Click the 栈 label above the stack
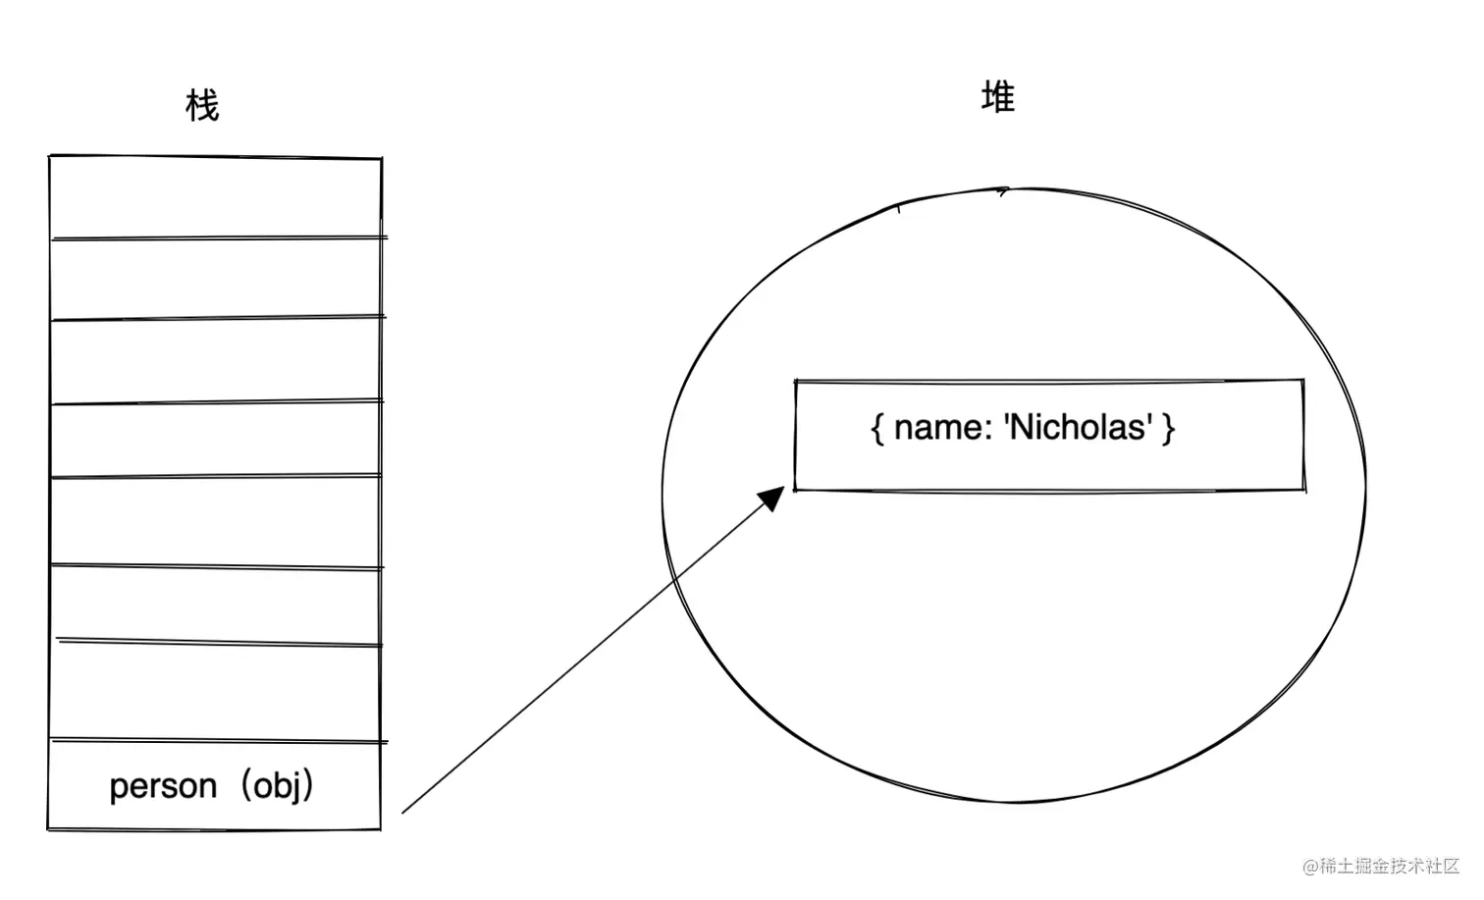coord(202,105)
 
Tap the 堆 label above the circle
coord(997,97)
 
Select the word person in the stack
coord(163,786)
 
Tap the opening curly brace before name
coord(876,428)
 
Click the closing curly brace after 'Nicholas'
coord(1168,428)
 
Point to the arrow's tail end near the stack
coord(404,812)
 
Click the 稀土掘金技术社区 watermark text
coord(1390,866)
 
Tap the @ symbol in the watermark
coord(1309,867)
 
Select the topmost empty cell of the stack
coord(216,196)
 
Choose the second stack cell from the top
coord(216,278)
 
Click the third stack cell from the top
coord(216,359)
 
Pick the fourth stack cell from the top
coord(216,439)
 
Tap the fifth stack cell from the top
coord(216,520)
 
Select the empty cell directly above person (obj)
coord(216,692)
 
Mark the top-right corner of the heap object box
coord(1303,381)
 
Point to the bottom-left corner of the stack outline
coord(49,829)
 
